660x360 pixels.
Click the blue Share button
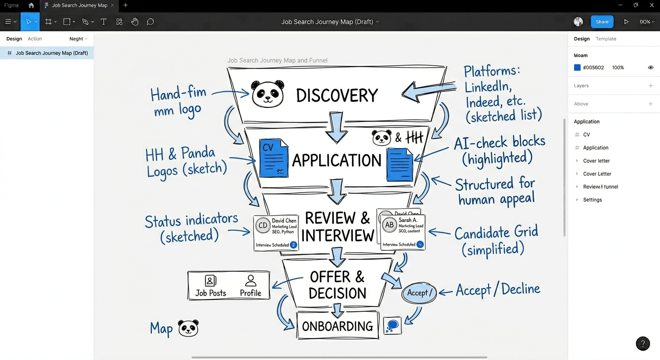point(602,22)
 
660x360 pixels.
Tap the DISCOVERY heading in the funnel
point(337,96)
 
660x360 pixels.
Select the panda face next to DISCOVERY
point(268,94)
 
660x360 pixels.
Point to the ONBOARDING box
point(337,326)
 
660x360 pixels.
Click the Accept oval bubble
point(419,293)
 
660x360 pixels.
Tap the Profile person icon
point(251,281)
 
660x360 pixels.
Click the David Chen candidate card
point(276,232)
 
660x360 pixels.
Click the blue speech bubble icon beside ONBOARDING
point(392,325)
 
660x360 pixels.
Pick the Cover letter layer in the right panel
point(596,161)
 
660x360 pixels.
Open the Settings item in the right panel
point(592,200)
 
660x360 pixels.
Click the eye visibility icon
point(651,67)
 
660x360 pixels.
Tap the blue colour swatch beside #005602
point(577,67)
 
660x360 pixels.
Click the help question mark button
point(643,344)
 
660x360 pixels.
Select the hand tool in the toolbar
point(135,22)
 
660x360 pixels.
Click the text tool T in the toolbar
point(104,22)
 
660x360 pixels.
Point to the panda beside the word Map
point(188,328)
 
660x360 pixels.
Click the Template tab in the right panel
point(606,39)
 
